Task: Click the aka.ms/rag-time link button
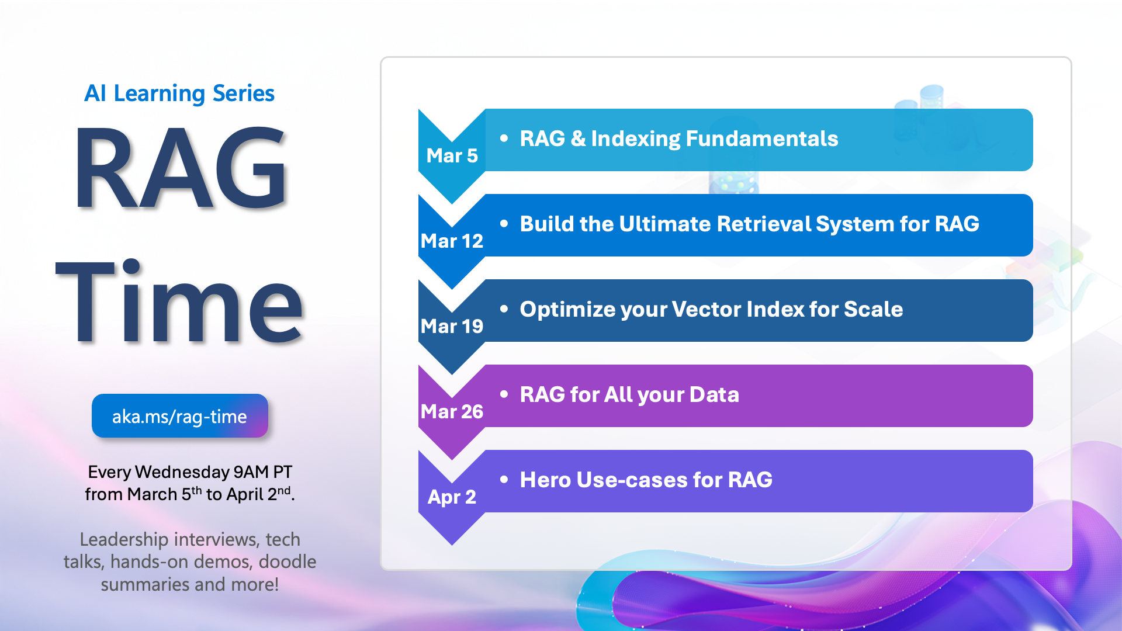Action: click(180, 416)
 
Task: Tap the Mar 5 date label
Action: click(452, 156)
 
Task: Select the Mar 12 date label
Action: click(452, 241)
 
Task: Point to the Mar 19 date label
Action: click(452, 327)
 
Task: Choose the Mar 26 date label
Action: click(452, 412)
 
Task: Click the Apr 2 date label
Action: click(452, 497)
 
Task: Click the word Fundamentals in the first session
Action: click(762, 139)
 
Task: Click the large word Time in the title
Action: click(180, 300)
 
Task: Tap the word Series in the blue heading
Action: click(244, 93)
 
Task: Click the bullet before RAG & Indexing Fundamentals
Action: click(504, 138)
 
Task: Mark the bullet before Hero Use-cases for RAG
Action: click(504, 480)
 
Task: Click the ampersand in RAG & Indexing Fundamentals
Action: click(578, 139)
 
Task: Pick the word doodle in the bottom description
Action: click(288, 562)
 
